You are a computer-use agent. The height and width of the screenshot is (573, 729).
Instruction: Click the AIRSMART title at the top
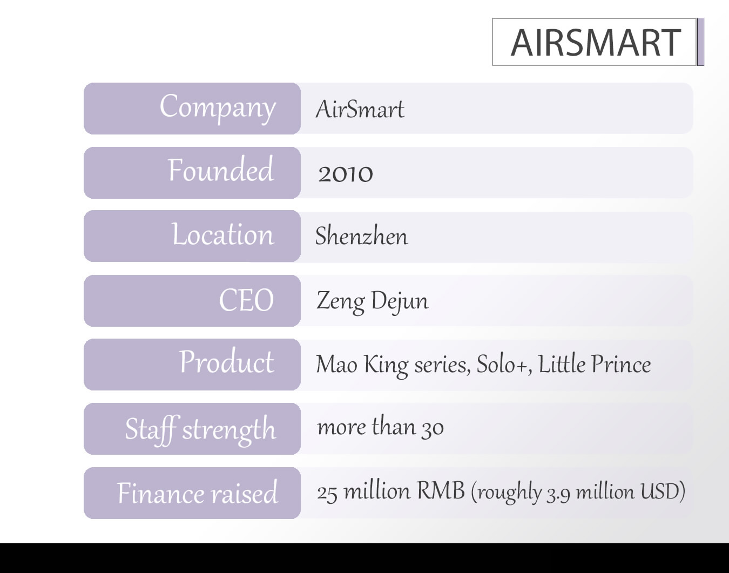(596, 43)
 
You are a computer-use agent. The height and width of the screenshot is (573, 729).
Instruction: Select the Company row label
(218, 108)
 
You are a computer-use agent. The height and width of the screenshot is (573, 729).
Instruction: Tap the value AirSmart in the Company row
(360, 109)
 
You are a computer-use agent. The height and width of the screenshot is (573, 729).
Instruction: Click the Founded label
(221, 170)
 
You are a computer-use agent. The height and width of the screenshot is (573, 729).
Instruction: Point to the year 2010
(346, 174)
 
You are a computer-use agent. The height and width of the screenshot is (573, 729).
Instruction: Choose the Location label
(223, 234)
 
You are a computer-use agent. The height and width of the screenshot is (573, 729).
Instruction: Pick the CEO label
(246, 300)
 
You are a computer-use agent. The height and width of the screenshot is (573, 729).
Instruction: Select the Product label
(227, 361)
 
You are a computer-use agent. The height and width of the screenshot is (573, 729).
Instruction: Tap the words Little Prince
(595, 363)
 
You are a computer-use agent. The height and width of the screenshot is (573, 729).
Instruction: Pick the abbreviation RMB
(441, 490)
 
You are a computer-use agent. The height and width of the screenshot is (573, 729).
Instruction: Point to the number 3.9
(558, 495)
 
